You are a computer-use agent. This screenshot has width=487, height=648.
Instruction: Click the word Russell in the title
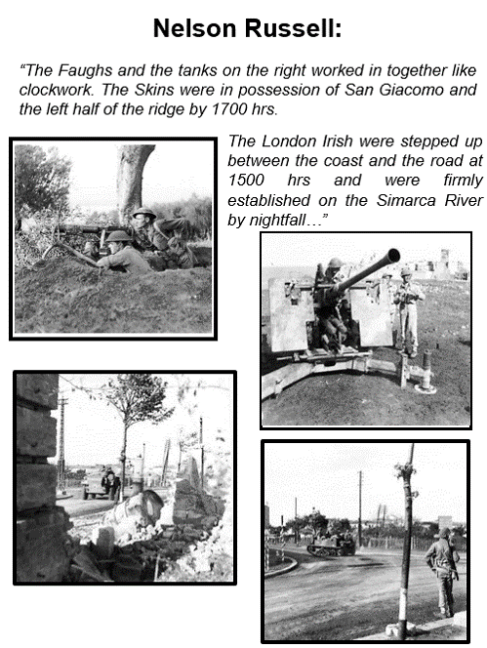click(288, 28)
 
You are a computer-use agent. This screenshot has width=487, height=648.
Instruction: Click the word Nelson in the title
click(194, 28)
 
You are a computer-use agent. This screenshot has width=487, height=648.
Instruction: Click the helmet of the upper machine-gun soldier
click(143, 214)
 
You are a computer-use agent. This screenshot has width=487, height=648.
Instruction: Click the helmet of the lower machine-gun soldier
click(119, 237)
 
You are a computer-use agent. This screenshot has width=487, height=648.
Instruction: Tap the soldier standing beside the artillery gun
click(405, 312)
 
